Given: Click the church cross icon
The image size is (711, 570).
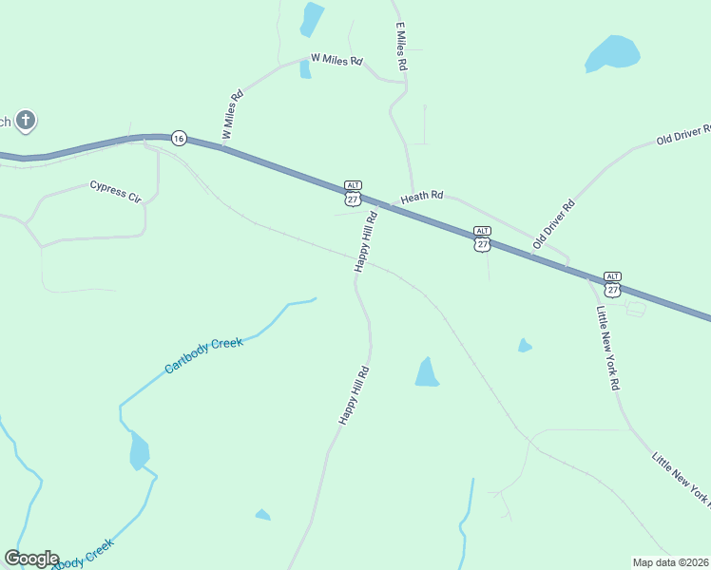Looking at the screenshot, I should (26, 121).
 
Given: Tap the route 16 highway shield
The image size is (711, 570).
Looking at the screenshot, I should (179, 138).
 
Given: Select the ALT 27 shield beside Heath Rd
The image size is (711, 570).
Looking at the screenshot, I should (353, 194).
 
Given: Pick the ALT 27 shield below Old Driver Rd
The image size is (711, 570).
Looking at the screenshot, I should (482, 239).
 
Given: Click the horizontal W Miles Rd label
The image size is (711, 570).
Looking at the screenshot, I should (331, 60).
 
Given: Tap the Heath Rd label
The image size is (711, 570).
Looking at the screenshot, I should (422, 198).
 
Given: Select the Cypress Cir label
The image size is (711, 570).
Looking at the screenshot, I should (115, 191).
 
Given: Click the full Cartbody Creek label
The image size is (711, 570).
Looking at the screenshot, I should (203, 354).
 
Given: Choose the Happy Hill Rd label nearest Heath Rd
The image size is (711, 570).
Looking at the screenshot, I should (366, 241).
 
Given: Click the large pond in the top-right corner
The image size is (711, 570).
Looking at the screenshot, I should (611, 53).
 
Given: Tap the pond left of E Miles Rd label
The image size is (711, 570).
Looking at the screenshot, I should (311, 18).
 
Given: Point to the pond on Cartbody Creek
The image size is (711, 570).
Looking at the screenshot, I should (139, 450).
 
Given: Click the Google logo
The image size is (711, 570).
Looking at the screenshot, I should (31, 559).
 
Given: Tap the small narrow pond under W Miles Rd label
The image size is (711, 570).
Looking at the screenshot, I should (305, 68).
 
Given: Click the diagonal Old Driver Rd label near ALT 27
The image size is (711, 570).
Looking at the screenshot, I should (554, 223).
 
